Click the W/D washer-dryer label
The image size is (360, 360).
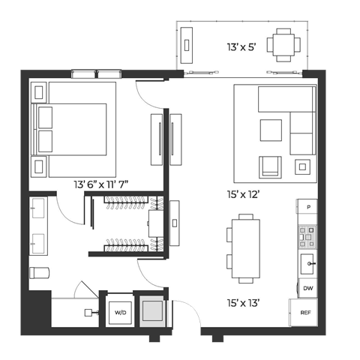(120, 313)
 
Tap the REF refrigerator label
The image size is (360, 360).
(305, 313)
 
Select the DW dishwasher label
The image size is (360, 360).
(308, 288)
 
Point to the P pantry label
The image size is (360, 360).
(309, 207)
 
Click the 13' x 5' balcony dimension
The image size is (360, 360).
(241, 47)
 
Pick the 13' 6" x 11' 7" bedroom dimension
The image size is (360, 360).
(101, 184)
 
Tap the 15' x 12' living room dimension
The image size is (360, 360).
(243, 194)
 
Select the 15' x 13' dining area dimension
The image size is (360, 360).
(243, 303)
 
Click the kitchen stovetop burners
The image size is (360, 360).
(307, 237)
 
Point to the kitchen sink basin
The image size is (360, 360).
(307, 264)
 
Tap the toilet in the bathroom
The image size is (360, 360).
(39, 273)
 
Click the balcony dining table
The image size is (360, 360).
(283, 45)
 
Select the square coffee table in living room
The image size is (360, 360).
(271, 130)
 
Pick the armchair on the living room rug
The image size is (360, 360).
(270, 167)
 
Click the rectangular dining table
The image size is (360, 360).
(246, 249)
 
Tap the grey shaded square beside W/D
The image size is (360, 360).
(152, 311)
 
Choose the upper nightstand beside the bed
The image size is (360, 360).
(39, 92)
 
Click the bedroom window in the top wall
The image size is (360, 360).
(97, 74)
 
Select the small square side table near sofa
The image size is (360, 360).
(302, 166)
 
